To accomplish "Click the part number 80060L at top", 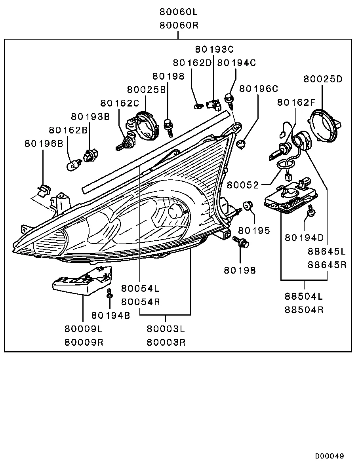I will click(x=178, y=11).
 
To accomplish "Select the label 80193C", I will click(x=214, y=49).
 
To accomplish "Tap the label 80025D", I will click(x=323, y=79).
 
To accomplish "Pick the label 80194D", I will click(x=304, y=238).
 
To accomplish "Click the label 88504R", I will click(x=304, y=310).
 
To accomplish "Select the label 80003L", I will click(x=165, y=328).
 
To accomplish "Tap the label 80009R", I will click(x=84, y=342).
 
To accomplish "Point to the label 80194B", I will click(x=110, y=315).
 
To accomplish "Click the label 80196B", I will click(x=44, y=143).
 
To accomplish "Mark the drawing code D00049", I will click(x=330, y=456).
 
